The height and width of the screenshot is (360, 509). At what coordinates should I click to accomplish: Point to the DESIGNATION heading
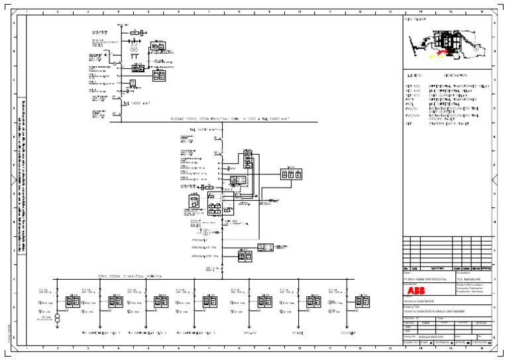pos(458,76)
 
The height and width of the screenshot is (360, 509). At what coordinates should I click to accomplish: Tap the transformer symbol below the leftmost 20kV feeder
pos(58,319)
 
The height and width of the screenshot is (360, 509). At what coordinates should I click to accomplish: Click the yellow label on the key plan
pos(438,57)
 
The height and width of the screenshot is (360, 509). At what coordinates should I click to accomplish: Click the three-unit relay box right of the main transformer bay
pos(290,174)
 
